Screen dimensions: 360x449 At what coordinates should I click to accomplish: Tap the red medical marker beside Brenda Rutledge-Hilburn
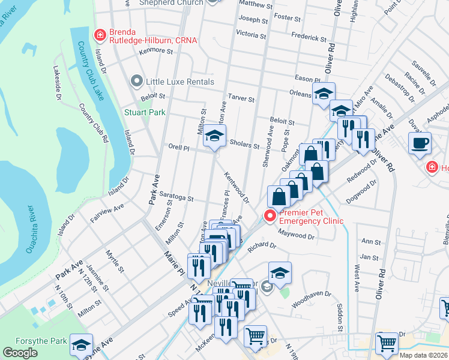point(99,36)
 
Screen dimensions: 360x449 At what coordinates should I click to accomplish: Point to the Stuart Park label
point(144,112)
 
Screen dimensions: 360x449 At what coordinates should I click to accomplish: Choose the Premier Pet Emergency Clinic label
point(310,216)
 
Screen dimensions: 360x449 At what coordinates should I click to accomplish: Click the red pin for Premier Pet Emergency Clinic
point(270,215)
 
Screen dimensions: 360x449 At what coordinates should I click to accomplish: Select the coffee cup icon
point(420,143)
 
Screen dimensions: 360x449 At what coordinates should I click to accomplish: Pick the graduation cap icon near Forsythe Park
point(81,344)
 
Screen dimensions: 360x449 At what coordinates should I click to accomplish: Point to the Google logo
point(20,353)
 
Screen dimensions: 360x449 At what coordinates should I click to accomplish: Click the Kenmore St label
point(155,51)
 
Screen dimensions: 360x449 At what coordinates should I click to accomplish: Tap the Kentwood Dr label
point(237,187)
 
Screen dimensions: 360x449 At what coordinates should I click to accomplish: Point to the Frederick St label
point(309,37)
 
